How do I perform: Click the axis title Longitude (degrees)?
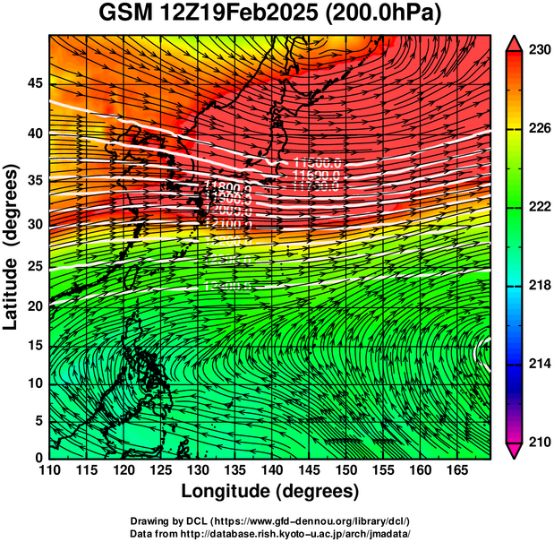pos(270,492)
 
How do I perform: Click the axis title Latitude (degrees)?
pos(12,246)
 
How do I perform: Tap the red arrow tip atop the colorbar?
pos(516,42)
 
